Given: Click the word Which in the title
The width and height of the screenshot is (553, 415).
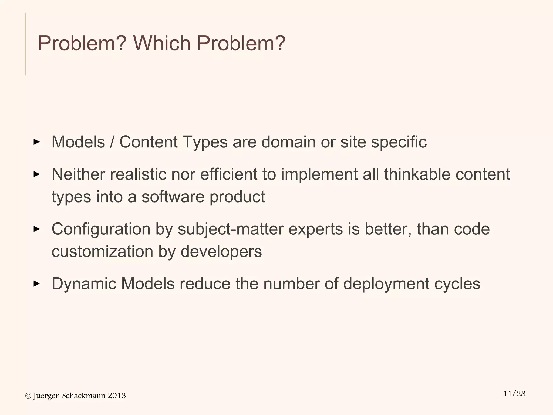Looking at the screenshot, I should point(162,43).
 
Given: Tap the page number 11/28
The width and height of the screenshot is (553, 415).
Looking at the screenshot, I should point(514,394).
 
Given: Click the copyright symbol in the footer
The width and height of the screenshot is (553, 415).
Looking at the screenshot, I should point(28,396).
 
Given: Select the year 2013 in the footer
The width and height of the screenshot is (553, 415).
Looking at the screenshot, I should point(117,396).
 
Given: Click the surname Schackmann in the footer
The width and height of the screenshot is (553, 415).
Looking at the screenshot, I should point(83,396).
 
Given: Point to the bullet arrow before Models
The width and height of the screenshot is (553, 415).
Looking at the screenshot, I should point(36,142).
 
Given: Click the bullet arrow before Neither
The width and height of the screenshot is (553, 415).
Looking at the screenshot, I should point(36,174).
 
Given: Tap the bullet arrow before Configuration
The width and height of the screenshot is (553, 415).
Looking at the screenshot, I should point(36,229).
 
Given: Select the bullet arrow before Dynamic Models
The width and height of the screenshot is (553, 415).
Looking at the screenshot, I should point(36,284).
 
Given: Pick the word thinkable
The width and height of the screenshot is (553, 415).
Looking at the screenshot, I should point(417,174).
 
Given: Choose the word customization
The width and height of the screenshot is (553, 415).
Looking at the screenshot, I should point(102,251).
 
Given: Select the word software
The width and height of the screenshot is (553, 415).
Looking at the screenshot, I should point(173,197).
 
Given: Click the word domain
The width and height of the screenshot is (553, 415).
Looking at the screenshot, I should point(288,142).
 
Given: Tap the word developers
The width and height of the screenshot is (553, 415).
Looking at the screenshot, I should point(221,251).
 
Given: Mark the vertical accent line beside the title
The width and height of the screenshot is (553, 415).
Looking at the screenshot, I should point(25,44).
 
